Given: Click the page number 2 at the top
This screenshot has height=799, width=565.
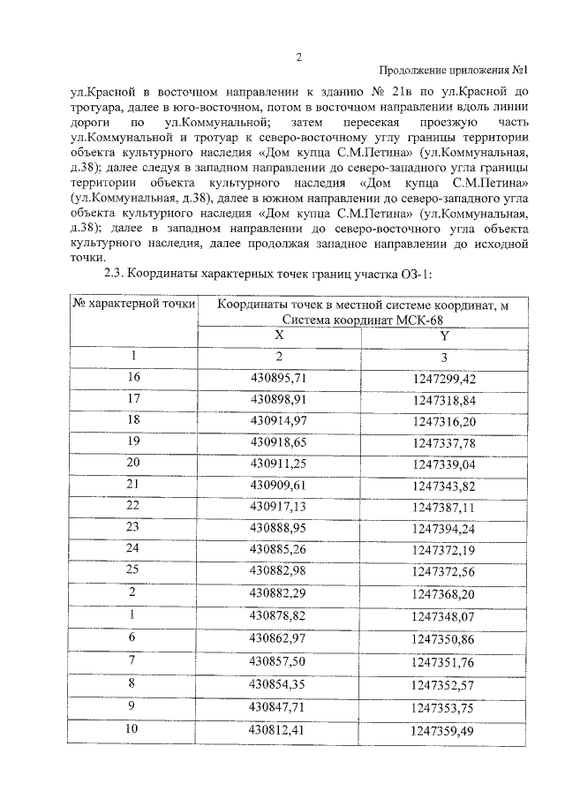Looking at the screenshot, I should tap(298, 58).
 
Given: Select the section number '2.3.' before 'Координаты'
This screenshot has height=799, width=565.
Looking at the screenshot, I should tap(117, 273).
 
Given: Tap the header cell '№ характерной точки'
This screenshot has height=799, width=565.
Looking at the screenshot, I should tap(133, 305).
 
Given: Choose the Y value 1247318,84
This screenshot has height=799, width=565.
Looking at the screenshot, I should tap(444, 399).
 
